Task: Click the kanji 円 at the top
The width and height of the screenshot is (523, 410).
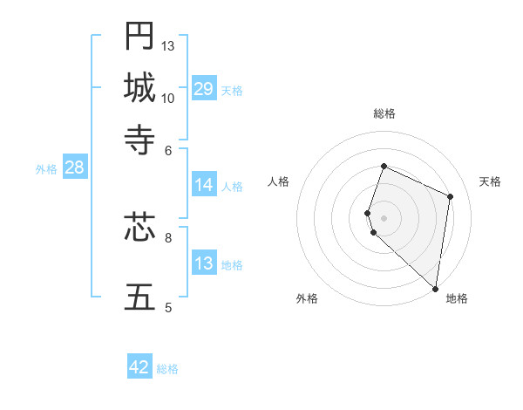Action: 139,36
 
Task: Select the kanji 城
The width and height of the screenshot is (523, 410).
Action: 139,87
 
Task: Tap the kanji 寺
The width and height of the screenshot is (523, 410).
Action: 139,139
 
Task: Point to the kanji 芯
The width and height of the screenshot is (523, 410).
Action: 139,228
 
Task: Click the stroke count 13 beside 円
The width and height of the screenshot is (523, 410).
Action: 168,45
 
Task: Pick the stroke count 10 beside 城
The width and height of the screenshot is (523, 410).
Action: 168,98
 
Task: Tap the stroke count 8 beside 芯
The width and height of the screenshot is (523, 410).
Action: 168,236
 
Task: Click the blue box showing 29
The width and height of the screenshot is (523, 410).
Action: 204,89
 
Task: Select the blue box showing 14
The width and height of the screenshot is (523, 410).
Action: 204,185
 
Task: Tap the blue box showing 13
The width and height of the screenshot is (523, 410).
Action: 204,263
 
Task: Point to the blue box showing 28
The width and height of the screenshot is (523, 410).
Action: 74,168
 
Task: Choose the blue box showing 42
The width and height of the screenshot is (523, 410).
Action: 139,367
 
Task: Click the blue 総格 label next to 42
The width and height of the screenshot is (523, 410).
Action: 167,369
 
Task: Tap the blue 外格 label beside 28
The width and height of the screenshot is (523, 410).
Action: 46,169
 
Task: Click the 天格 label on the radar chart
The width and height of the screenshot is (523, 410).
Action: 490,181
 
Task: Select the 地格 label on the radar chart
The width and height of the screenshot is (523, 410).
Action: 457,298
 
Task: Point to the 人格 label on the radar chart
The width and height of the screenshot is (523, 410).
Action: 279,181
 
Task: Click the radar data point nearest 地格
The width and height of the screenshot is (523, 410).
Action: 436,289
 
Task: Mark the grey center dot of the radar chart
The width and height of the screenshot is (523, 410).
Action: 384,217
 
